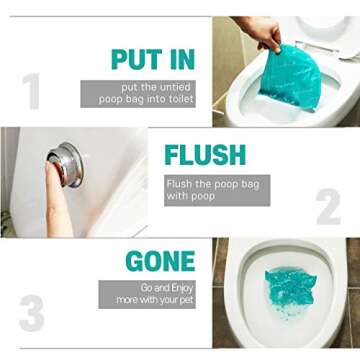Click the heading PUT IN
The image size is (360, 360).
pyautogui.click(x=153, y=59)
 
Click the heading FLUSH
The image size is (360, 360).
pyautogui.click(x=204, y=156)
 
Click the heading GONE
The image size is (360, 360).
pyautogui.click(x=160, y=262)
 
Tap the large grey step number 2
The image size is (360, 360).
pyautogui.click(x=329, y=207)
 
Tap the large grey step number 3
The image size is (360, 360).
pyautogui.click(x=32, y=312)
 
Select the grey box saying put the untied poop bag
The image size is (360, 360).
pyautogui.click(x=138, y=93)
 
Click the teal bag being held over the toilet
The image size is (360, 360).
pyautogui.click(x=290, y=78)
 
